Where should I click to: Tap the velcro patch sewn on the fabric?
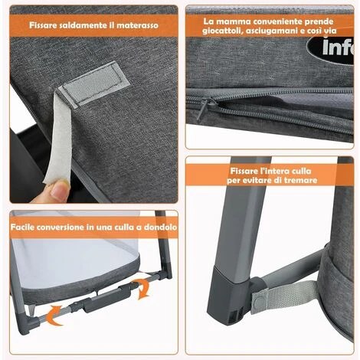tap(94, 75)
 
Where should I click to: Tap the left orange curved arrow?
tap(54, 313)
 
